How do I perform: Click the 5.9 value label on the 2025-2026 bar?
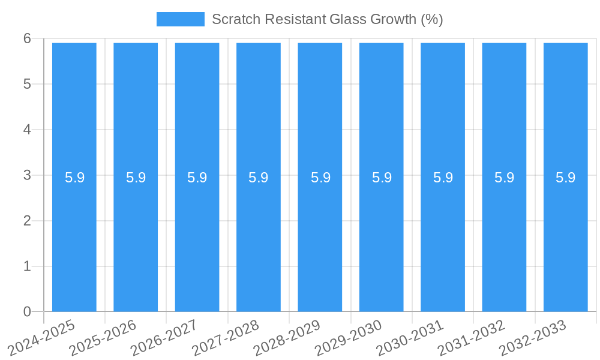coord(136,178)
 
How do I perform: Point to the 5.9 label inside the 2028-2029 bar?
coord(320,178)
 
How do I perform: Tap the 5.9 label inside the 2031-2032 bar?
coord(504,178)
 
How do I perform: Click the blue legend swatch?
coord(180,19)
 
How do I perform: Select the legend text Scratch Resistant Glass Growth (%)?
coord(327,19)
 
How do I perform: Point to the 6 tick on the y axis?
coord(27,38)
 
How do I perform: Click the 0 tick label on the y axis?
coord(27,311)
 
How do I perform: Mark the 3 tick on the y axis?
coord(27,175)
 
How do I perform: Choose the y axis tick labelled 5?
coord(27,84)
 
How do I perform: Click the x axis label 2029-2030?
coord(349,338)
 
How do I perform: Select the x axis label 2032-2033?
coord(533,338)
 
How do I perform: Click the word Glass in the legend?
coord(347,19)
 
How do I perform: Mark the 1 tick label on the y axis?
coord(27,266)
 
